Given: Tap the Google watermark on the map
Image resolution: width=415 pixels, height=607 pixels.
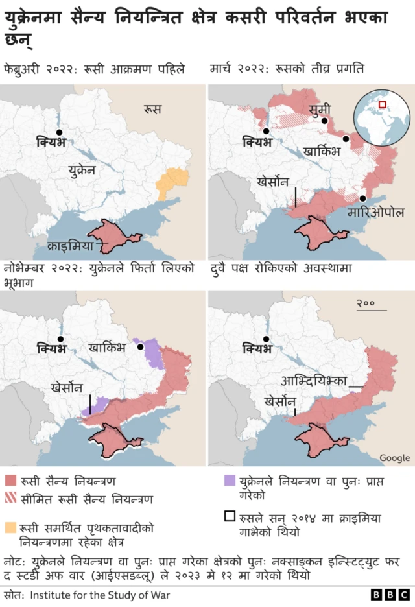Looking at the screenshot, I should tap(394, 458).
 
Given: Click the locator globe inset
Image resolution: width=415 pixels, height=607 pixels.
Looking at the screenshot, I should tap(381, 119).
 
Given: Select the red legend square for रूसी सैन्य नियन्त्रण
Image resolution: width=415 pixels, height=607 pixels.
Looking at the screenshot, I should tap(10, 482).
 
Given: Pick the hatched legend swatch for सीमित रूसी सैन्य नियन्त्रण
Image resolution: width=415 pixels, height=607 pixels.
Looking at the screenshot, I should tap(10, 499).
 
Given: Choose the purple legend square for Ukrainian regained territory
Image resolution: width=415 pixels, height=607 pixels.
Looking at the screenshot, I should tap(229, 482).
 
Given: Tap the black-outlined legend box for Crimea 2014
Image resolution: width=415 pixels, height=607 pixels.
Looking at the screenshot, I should tap(229, 518).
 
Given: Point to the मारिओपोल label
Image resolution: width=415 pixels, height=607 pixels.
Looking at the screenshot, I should tap(375, 212).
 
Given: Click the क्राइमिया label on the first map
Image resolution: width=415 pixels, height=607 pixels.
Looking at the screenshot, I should tap(74, 246).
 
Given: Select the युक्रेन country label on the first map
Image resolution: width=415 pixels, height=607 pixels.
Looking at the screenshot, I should tap(82, 170).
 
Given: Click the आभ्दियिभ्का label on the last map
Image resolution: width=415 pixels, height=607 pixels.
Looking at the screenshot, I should tap(314, 380).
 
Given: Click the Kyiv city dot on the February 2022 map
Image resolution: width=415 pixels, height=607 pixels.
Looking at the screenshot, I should tap(59, 132).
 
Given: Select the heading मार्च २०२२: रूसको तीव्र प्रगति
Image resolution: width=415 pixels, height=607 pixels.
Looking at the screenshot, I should tap(288, 68).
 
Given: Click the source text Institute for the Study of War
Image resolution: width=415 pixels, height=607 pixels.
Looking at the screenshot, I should tap(101, 595).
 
